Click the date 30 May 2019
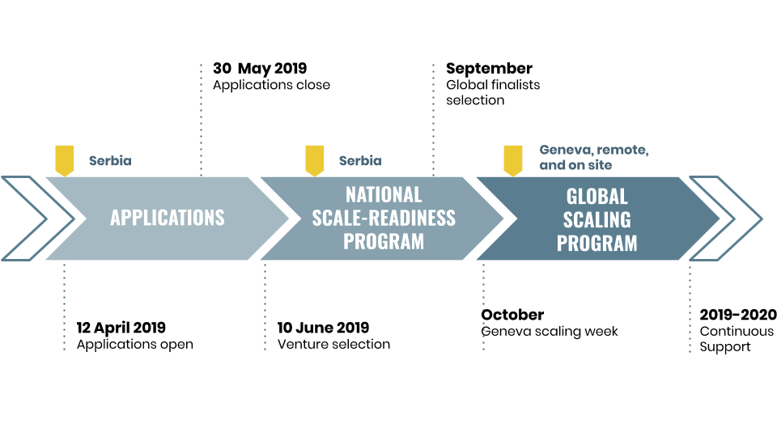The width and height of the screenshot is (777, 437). click(x=260, y=68)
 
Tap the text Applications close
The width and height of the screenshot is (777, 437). click(x=272, y=85)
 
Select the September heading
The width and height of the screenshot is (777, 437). click(x=489, y=69)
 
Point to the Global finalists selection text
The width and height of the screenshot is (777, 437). click(x=493, y=92)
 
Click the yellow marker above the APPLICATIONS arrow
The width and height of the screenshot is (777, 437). click(x=65, y=160)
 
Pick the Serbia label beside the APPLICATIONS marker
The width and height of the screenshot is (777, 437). click(x=111, y=160)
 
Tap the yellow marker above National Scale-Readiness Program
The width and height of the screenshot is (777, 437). click(x=315, y=160)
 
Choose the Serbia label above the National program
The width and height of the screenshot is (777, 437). click(x=360, y=160)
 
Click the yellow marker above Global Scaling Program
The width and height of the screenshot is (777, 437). click(x=513, y=160)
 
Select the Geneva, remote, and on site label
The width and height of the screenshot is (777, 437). click(x=594, y=157)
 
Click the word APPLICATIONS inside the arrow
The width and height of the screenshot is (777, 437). click(x=168, y=218)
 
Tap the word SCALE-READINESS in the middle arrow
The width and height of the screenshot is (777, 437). click(x=384, y=218)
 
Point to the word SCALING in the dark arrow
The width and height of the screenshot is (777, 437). click(x=597, y=219)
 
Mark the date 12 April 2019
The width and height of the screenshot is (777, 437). click(x=121, y=328)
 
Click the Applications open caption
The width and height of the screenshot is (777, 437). click(x=135, y=345)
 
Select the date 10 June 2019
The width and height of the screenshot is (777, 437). click(x=323, y=328)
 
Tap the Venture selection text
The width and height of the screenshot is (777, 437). click(x=333, y=344)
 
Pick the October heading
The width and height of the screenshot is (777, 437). click(x=512, y=315)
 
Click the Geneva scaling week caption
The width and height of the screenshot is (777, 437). click(x=550, y=332)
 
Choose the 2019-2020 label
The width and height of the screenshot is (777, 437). click(x=738, y=315)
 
